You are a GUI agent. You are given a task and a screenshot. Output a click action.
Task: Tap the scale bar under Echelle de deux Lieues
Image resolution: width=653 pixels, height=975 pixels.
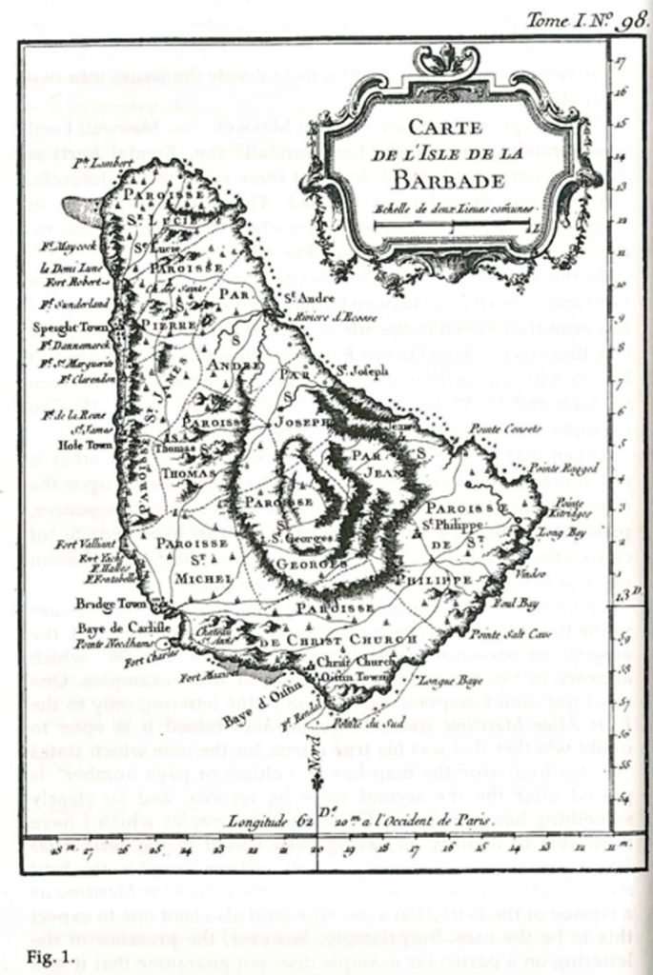(x=451, y=225)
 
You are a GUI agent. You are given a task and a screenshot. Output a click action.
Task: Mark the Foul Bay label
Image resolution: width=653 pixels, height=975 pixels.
(x=516, y=603)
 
